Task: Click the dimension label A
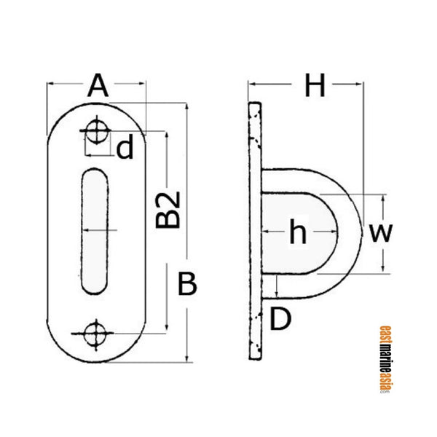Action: pyautogui.click(x=98, y=87)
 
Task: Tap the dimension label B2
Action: pyautogui.click(x=168, y=211)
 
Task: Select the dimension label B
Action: pyautogui.click(x=188, y=285)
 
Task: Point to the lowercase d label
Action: pyautogui.click(x=125, y=149)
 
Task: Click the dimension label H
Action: pyautogui.click(x=315, y=87)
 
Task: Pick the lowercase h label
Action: pyautogui.click(x=296, y=234)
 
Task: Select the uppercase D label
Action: pyautogui.click(x=281, y=318)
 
